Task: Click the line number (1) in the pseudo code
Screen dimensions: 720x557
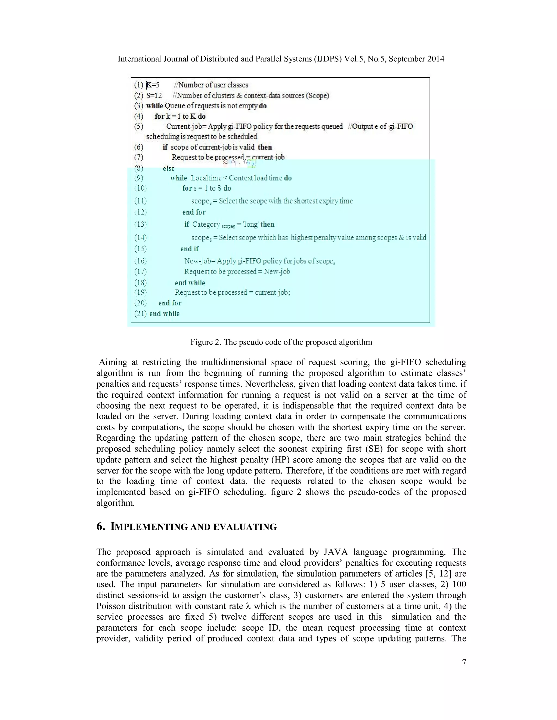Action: click(139, 85)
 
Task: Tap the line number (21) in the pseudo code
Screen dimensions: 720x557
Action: click(140, 314)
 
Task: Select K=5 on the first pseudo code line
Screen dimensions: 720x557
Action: click(153, 85)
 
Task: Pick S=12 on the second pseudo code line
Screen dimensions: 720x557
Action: click(154, 96)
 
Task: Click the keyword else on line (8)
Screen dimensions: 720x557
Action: click(169, 168)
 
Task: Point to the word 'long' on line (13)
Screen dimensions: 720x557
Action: click(250, 224)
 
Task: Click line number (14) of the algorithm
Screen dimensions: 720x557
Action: click(140, 238)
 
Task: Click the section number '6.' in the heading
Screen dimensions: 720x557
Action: click(101, 527)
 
